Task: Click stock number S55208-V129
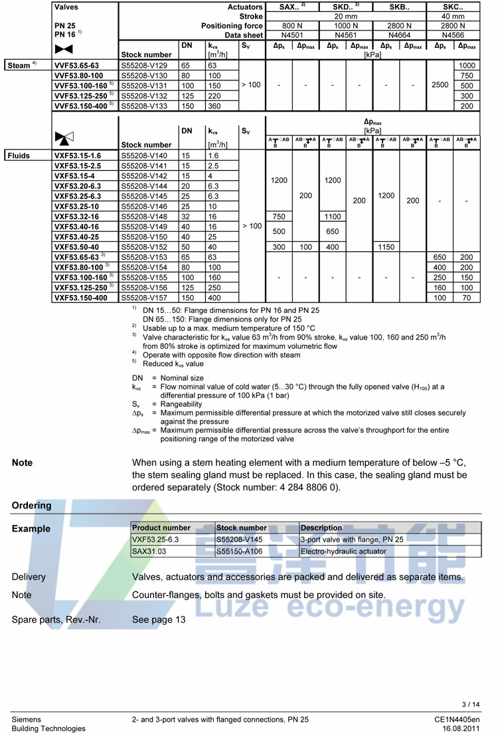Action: [x=143, y=66]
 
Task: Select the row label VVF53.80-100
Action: [x=78, y=76]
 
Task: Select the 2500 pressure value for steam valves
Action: [x=440, y=85]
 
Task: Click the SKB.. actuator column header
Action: [x=400, y=7]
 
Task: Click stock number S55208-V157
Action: [x=143, y=298]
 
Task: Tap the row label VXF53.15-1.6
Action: [x=77, y=156]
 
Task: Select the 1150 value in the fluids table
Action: [x=386, y=247]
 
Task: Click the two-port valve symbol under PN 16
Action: [x=64, y=49]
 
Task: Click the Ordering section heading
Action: [x=31, y=505]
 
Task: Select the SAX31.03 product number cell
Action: [x=149, y=551]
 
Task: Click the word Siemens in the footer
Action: [x=26, y=719]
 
